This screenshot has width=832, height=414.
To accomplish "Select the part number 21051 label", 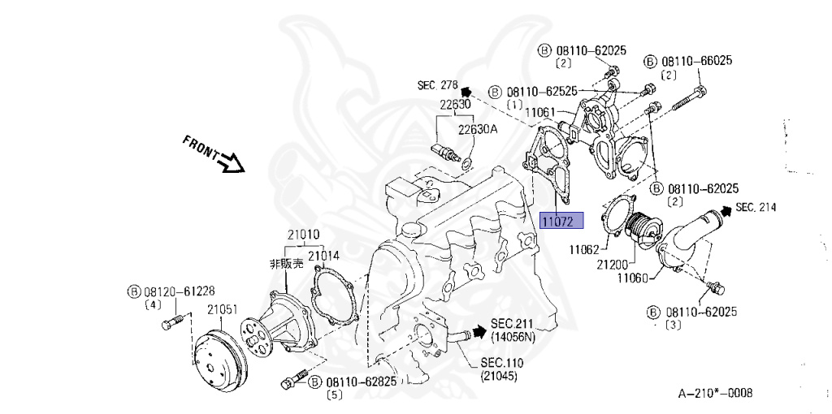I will point(221,309).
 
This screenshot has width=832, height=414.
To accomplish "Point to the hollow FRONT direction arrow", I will point(233,164).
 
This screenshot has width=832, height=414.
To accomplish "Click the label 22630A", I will point(478,128).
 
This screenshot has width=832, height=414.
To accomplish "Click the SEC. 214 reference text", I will point(756,208).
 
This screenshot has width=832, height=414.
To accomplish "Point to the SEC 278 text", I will point(439,84).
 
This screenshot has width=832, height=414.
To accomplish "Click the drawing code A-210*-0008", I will point(715,394).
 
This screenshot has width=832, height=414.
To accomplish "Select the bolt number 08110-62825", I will point(362,382).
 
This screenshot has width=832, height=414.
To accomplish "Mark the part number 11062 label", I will point(583,250).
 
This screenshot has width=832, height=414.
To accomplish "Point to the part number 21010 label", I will point(302,235).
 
